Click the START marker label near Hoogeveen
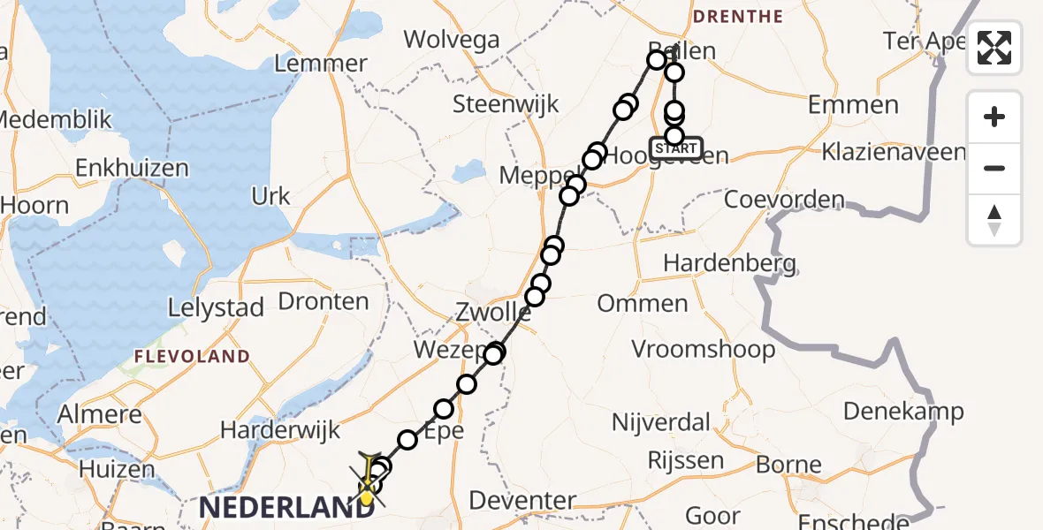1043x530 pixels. (x=676, y=148)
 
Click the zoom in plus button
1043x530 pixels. (x=994, y=117)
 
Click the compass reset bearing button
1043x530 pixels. (x=994, y=220)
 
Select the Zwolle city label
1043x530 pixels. (x=493, y=313)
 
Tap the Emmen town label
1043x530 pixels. (x=853, y=106)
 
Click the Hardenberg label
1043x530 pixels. (x=729, y=262)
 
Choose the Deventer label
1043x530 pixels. (x=522, y=501)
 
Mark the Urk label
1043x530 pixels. (x=271, y=196)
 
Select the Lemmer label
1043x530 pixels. (x=321, y=64)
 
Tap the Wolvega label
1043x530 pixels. (x=452, y=40)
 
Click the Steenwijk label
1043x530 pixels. (x=506, y=104)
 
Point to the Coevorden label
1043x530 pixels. (x=784, y=200)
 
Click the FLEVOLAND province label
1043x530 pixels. (x=192, y=357)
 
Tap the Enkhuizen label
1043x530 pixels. (x=133, y=168)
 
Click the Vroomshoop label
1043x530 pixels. (x=704, y=349)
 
